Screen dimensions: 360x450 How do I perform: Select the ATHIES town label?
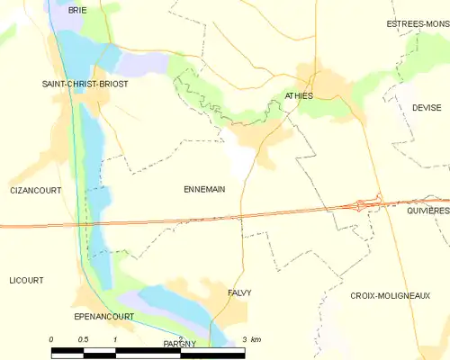[x=298, y=94]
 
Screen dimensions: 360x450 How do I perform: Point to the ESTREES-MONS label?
[x=418, y=23]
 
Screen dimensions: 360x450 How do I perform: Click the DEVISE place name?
[x=427, y=107]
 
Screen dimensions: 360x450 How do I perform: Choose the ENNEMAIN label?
[x=203, y=189]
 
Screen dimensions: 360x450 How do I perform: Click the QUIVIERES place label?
[x=427, y=211]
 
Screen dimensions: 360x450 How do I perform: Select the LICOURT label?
[x=26, y=280]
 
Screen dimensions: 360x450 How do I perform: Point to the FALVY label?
[x=239, y=292]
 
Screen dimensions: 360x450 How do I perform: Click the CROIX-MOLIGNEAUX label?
[x=390, y=295]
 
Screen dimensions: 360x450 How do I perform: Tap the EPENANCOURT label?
[x=103, y=316]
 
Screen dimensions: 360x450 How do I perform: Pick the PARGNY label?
[x=180, y=344]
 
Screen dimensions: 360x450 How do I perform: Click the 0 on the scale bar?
[x=51, y=338]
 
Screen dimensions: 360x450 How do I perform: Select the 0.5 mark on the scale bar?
[x=84, y=338]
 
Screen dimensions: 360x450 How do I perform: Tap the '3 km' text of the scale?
[x=251, y=338]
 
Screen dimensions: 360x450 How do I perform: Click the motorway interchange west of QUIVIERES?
[x=366, y=204]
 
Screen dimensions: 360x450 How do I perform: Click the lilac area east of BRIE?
[x=144, y=63]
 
